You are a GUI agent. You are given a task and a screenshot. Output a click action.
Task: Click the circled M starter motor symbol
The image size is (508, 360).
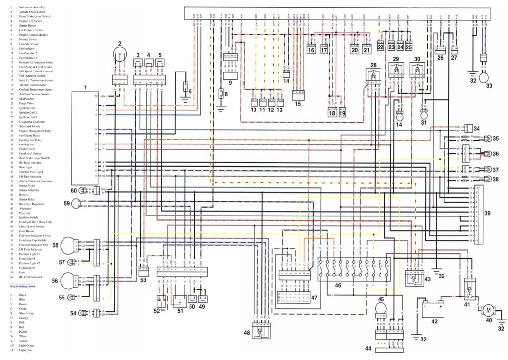point(488,310)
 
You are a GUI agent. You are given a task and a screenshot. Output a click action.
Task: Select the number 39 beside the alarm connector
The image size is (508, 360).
point(487,213)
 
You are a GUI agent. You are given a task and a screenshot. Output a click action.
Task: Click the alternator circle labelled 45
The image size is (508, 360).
point(381,308)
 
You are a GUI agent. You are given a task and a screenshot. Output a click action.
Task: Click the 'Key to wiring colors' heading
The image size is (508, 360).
point(23,286)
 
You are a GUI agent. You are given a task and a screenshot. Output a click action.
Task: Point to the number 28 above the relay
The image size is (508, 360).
point(373,66)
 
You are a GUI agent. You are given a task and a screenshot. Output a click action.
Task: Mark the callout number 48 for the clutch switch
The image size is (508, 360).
point(247,333)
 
